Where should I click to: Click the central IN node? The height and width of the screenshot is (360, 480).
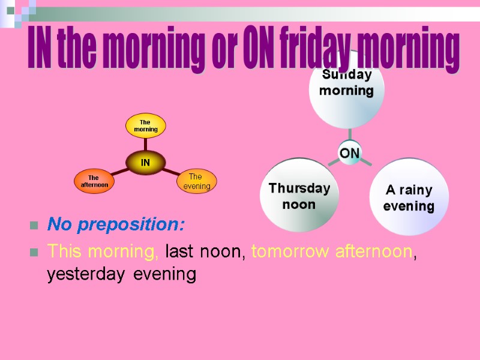tap(145, 163)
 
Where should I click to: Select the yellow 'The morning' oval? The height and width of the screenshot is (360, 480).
tap(145, 125)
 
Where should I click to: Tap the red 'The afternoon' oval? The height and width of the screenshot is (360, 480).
tap(94, 181)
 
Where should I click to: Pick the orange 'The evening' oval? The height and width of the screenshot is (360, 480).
tap(196, 181)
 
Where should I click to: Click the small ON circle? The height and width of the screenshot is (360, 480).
tap(349, 154)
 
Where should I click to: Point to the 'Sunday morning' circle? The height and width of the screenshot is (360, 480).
tap(346, 87)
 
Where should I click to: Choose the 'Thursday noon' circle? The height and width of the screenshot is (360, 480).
tap(299, 196)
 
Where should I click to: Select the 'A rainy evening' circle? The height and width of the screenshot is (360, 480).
tap(409, 197)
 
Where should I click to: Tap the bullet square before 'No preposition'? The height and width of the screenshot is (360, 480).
tap(33, 226)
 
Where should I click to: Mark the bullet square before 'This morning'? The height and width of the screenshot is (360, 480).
tap(33, 253)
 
